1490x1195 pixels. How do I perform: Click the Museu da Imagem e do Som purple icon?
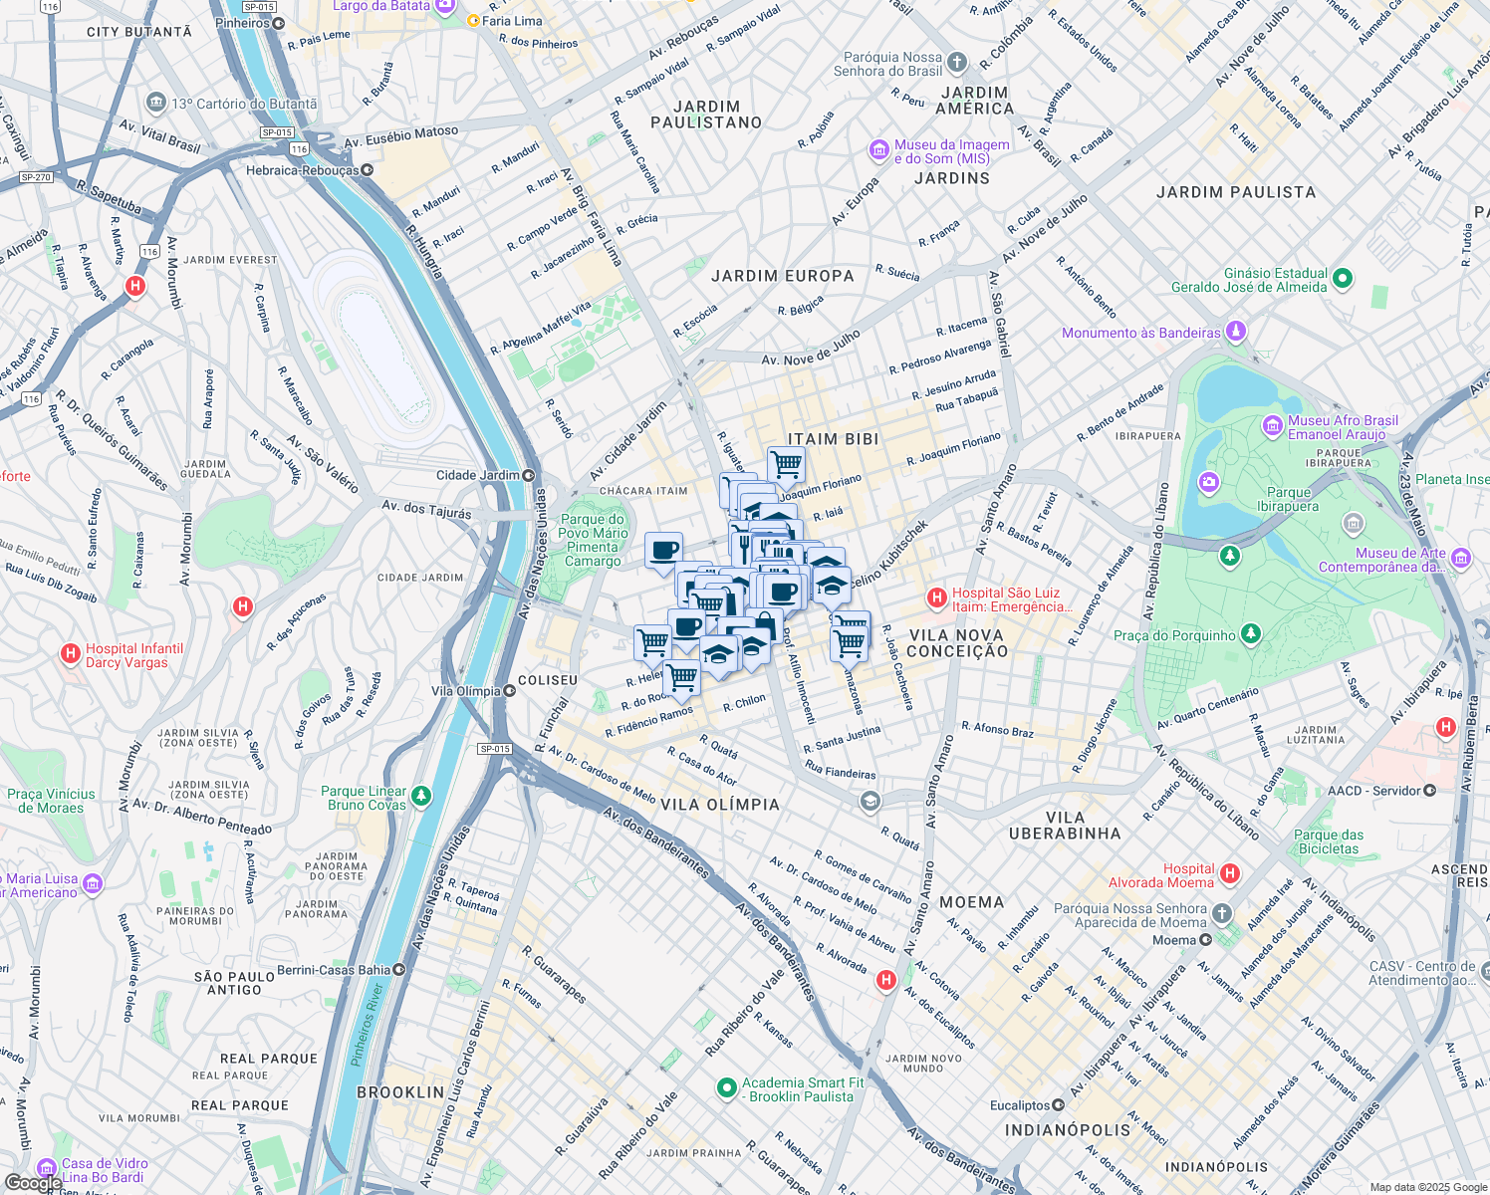coord(878,150)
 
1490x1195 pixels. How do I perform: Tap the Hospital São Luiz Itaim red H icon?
coord(936,598)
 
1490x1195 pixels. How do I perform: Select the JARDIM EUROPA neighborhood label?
coord(782,276)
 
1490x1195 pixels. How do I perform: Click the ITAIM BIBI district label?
coord(833,439)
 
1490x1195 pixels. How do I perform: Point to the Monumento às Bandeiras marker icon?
coord(1236,331)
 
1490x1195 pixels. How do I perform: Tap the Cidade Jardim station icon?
coord(529,476)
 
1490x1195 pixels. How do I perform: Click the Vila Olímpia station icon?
coord(509,691)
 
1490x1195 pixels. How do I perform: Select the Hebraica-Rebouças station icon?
coord(368,170)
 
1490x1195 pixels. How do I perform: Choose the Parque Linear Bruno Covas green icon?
coord(421,796)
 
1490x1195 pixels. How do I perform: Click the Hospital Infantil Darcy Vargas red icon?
coord(70,654)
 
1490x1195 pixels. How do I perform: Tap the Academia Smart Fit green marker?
coord(726,1088)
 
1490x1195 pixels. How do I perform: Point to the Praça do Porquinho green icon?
coord(1251,633)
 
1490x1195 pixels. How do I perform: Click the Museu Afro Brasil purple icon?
coord(1272,426)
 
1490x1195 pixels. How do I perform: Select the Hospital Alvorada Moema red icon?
coord(1230,873)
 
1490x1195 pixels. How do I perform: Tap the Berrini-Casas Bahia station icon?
coord(399,969)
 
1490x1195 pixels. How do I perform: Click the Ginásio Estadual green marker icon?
coord(1343,279)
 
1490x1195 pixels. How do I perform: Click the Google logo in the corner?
coord(32,1182)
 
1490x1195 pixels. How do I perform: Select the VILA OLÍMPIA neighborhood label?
coord(720,805)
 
